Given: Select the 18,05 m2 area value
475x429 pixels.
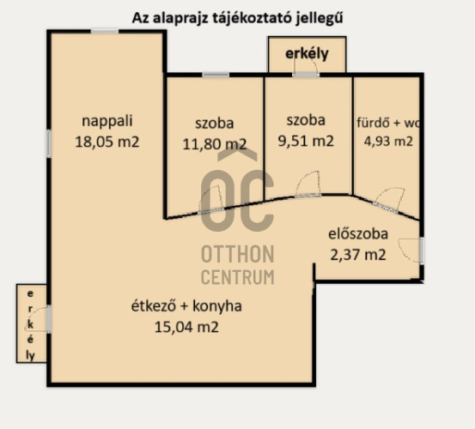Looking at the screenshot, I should (x=109, y=142).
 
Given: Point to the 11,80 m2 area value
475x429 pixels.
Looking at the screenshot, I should (x=214, y=143).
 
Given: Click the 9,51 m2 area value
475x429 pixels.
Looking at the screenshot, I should (x=306, y=141).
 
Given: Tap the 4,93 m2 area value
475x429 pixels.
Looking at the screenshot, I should (x=387, y=141).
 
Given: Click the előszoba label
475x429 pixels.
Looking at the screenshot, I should (x=358, y=233).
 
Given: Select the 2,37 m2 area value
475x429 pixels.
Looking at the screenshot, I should (x=358, y=254).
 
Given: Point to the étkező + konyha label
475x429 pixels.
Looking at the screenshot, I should (x=186, y=306).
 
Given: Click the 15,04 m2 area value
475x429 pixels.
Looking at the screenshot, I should (x=186, y=326).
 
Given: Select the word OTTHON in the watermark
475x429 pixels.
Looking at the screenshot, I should (x=237, y=255).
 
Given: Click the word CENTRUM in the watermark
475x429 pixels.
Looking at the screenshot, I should (x=237, y=277).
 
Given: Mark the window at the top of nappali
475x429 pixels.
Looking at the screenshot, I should (x=105, y=31).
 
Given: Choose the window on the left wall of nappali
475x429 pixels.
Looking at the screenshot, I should (x=50, y=142).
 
